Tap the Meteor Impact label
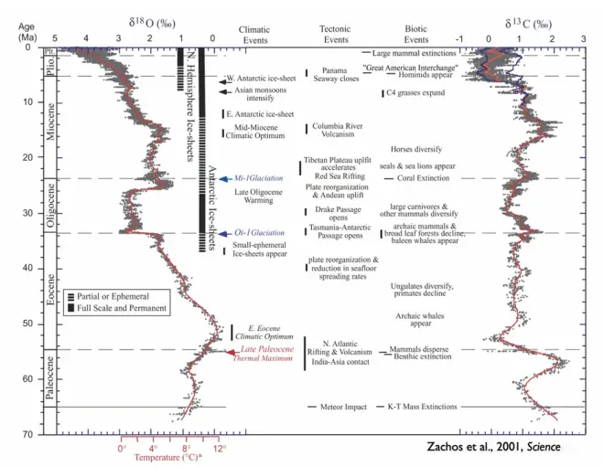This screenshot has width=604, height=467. point(344,407)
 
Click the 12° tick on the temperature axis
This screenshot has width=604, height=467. point(219,449)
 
